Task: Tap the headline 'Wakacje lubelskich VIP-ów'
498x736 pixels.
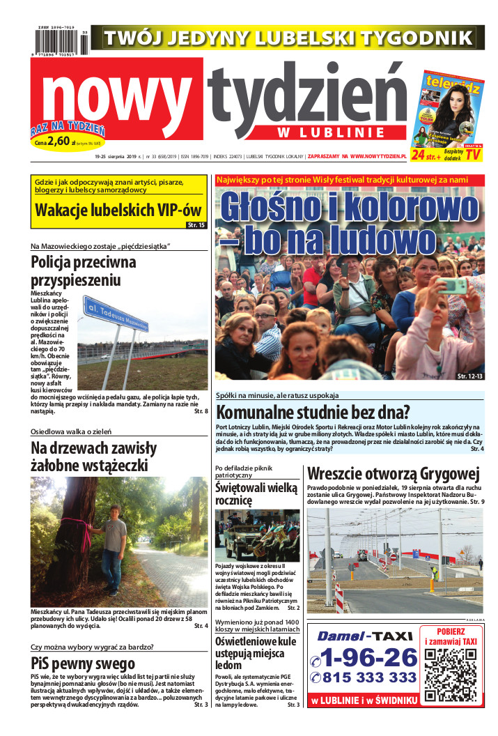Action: (x=109, y=210)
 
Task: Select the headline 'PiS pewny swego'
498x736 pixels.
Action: (x=83, y=664)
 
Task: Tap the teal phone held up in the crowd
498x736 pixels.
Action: (x=453, y=285)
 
